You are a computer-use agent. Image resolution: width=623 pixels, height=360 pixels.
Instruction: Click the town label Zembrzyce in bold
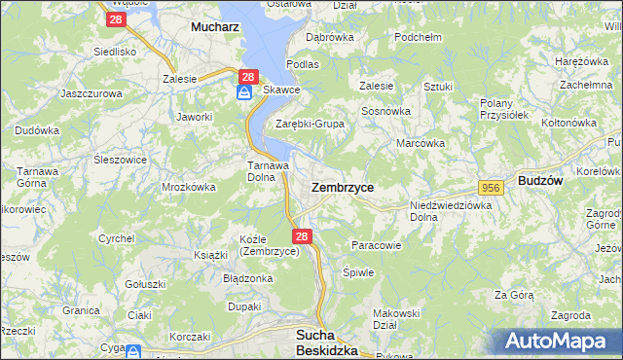click(x=342, y=186)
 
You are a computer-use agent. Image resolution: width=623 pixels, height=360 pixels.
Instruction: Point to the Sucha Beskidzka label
click(x=327, y=342)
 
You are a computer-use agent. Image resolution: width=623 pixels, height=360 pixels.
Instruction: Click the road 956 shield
click(x=491, y=186)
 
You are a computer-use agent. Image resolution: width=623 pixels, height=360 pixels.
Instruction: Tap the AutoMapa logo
click(x=559, y=342)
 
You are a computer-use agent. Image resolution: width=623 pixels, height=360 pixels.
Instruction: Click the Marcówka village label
click(x=421, y=142)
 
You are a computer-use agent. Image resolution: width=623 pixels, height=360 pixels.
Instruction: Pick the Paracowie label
click(x=376, y=245)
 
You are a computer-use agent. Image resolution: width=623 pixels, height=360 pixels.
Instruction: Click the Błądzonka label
click(x=248, y=277)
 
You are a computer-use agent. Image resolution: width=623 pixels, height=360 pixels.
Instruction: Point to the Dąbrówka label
click(x=329, y=37)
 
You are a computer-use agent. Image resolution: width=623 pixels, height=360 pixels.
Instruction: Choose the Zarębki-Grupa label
click(x=310, y=124)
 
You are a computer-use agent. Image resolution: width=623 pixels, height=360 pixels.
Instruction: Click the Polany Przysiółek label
click(x=503, y=108)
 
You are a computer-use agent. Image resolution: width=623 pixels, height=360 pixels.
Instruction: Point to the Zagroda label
click(x=569, y=315)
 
